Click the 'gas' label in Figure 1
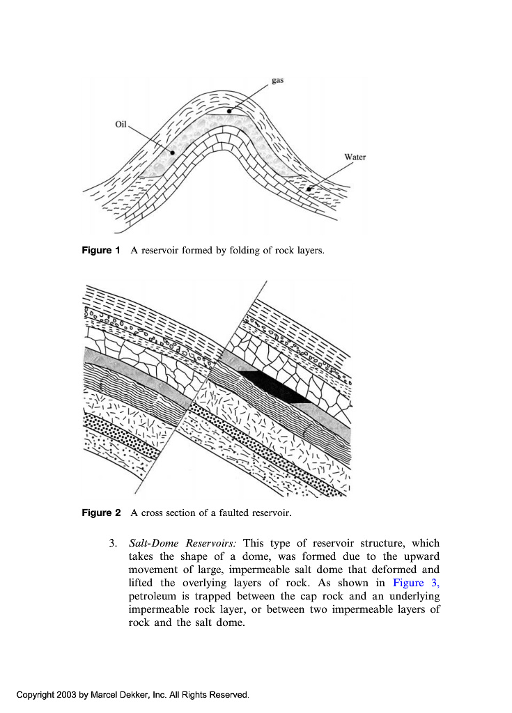[277, 81]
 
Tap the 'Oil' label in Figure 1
[121, 124]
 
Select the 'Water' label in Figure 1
[355, 157]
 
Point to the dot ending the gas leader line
[228, 110]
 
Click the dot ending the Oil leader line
[171, 151]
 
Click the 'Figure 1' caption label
[101, 250]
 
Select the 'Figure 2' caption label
[101, 513]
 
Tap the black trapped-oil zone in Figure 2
[272, 385]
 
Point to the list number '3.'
[113, 543]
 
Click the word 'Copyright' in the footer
[36, 694]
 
